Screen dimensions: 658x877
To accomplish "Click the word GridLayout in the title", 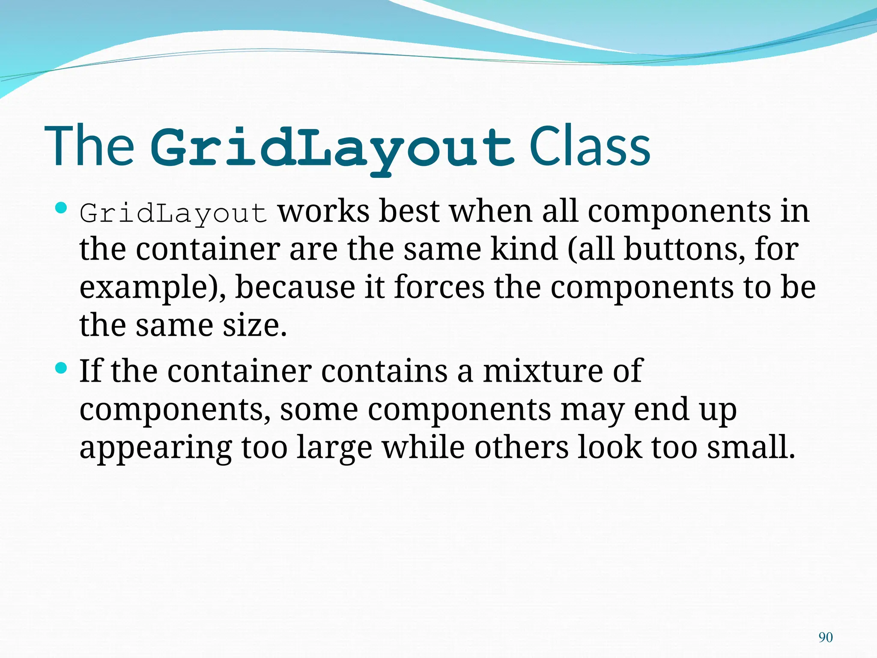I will click(x=332, y=148).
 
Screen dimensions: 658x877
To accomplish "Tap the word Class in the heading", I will click(x=590, y=147).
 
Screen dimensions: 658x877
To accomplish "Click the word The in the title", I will click(x=89, y=147).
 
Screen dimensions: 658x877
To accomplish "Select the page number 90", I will click(x=825, y=637).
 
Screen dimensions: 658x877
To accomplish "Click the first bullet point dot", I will click(x=62, y=209).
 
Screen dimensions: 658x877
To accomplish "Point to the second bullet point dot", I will click(x=62, y=368).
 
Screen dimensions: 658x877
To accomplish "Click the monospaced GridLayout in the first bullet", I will click(x=173, y=213).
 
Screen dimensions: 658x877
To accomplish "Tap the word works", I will click(x=324, y=211).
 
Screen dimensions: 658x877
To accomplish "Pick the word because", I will click(x=295, y=287).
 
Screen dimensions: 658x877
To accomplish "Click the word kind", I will click(x=524, y=249).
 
